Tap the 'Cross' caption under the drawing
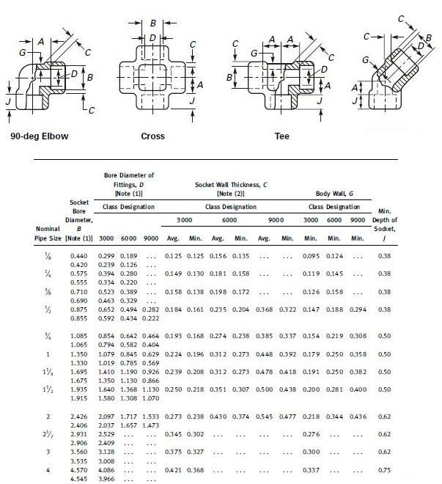pyautogui.click(x=152, y=136)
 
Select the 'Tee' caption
pyautogui.click(x=281, y=136)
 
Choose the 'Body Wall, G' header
pyautogui.click(x=334, y=194)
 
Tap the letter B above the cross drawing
pyautogui.click(x=152, y=23)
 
